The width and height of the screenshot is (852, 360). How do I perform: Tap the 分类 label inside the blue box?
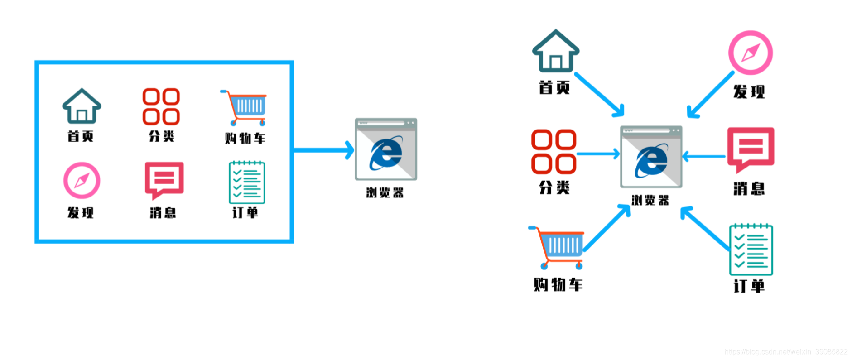pyautogui.click(x=162, y=136)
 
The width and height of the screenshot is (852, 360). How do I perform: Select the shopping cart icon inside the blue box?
pyautogui.click(x=245, y=108)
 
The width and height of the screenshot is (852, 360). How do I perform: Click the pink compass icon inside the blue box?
pyautogui.click(x=82, y=180)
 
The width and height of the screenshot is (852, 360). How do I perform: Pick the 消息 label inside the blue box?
pyautogui.click(x=163, y=212)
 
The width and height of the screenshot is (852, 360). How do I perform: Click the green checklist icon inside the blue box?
pyautogui.click(x=247, y=182)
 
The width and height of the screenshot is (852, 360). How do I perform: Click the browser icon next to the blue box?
pyautogui.click(x=386, y=149)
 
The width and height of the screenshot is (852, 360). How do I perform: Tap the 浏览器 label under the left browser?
pyautogui.click(x=385, y=192)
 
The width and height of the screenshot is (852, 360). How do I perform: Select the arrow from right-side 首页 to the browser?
pyautogui.click(x=599, y=94)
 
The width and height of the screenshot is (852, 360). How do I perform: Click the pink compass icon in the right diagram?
pyautogui.click(x=751, y=53)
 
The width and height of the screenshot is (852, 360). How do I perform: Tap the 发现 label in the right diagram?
pyautogui.click(x=749, y=91)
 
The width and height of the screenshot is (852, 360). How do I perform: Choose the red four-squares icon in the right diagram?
pyautogui.click(x=554, y=152)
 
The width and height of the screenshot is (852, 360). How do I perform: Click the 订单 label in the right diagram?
pyautogui.click(x=749, y=286)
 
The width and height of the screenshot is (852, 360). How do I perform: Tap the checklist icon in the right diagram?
pyautogui.click(x=751, y=250)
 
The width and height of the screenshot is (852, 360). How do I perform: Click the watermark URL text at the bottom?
pyautogui.click(x=786, y=351)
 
